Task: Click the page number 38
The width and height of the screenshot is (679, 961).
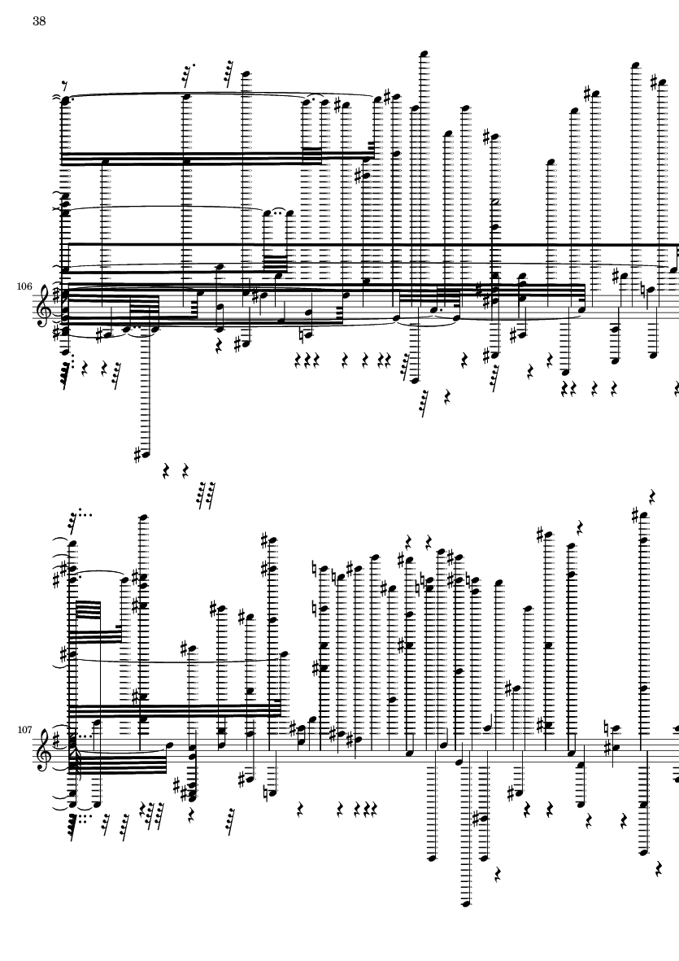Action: (39, 21)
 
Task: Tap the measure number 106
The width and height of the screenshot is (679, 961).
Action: (24, 286)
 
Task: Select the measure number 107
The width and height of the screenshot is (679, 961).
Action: (24, 730)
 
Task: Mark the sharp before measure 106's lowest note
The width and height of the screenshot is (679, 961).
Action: (137, 455)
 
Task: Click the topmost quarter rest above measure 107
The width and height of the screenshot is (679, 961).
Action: (653, 496)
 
